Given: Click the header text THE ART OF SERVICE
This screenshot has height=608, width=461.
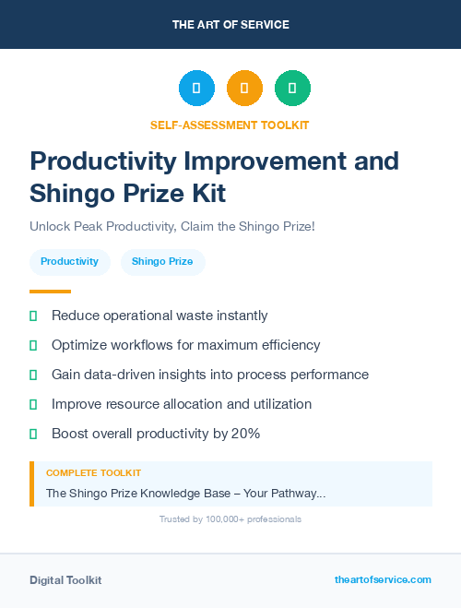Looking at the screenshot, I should coord(230,25).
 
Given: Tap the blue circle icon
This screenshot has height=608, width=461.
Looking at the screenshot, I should coord(196,89).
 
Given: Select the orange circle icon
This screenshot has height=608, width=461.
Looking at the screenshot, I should coord(244,89).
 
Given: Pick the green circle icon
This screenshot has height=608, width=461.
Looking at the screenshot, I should coord(292,89).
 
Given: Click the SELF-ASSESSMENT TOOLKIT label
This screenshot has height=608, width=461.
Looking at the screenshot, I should coord(230,125).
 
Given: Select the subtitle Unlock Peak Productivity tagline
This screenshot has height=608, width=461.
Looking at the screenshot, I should coord(172,226).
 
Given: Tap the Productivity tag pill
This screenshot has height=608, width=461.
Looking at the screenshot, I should coord(70,262).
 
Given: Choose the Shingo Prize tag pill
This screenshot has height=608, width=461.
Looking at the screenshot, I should coord(162,262).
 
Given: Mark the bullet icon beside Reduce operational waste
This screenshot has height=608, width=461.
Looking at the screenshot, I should coord(33,316).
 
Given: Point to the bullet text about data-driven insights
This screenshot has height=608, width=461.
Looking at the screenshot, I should coord(209,375).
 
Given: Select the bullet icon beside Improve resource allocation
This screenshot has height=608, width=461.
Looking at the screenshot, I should coord(33,404).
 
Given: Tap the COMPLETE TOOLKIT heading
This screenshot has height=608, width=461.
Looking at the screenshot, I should coord(93,472).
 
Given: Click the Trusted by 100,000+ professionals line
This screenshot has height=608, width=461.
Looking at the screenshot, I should coord(230,519).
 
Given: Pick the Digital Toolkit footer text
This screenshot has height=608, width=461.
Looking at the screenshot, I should coord(65,580).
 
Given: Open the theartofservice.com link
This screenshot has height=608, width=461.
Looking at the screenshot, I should coord(383,579).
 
